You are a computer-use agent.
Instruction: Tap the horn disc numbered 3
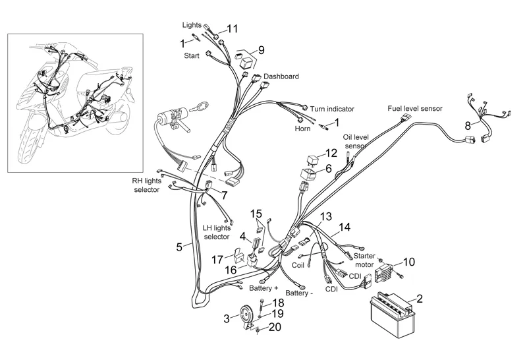pos(246,316)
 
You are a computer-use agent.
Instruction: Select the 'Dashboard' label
pos(281,76)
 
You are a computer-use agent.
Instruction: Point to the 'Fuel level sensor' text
pos(414,108)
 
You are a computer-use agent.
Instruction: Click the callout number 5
pos(179,247)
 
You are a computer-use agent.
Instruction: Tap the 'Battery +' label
pos(263,289)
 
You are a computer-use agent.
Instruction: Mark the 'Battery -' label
pos(300,293)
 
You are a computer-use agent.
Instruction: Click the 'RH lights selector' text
pos(146,185)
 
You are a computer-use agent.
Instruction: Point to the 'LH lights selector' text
pos(216,232)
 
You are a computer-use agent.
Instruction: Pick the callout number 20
pos(276,328)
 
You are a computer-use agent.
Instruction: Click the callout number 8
pos(468,125)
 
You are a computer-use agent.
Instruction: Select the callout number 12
pos(331,153)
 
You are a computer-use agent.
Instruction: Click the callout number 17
pos(217,259)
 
